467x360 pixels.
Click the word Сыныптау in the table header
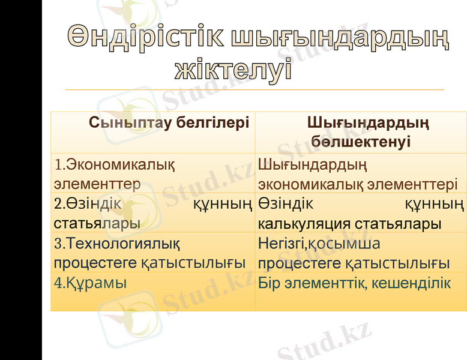126,124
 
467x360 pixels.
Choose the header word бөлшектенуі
361,142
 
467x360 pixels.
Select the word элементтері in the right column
412,183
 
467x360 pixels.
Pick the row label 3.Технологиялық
117,244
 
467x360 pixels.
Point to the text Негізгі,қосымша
319,244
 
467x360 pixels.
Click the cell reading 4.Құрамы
90,283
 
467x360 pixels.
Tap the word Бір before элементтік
269,283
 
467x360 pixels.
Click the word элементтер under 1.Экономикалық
97,183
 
